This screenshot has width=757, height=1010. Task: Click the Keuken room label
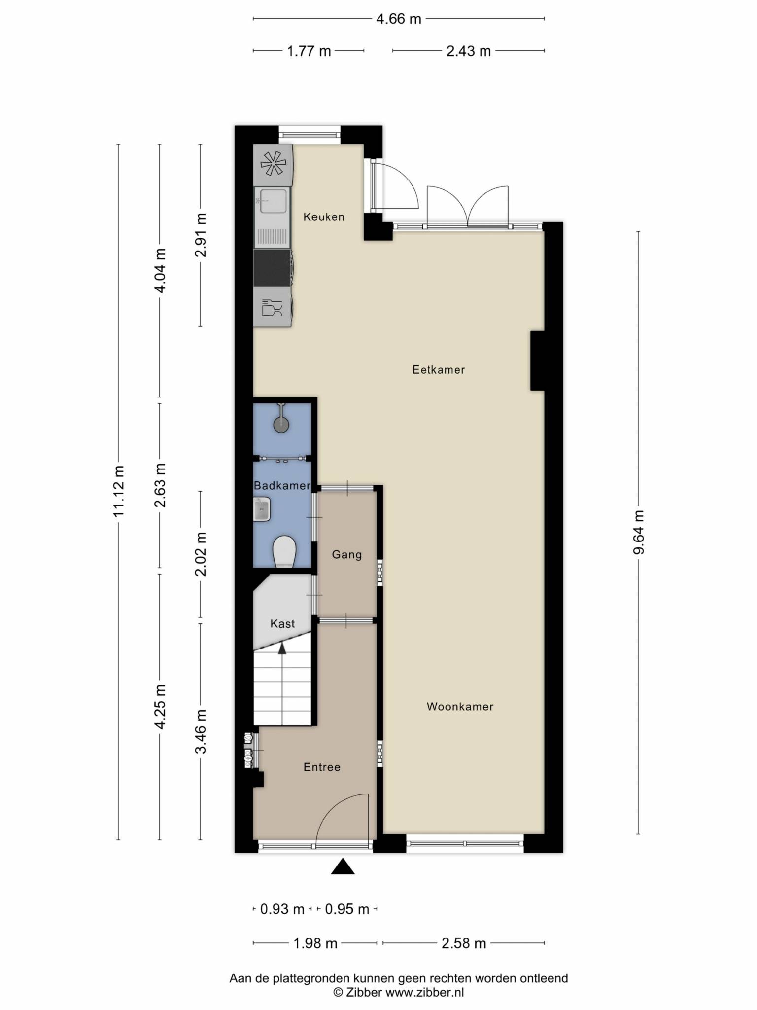pyautogui.click(x=324, y=217)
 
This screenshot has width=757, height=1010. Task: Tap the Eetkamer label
pyautogui.click(x=439, y=370)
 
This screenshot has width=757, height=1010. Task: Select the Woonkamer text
pyautogui.click(x=460, y=707)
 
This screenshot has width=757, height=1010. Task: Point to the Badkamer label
pyautogui.click(x=282, y=486)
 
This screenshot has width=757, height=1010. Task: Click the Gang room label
pyautogui.click(x=346, y=555)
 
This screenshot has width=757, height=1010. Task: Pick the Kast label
pyautogui.click(x=282, y=624)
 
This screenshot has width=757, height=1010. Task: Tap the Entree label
pyautogui.click(x=322, y=767)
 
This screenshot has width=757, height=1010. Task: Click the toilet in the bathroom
pyautogui.click(x=284, y=551)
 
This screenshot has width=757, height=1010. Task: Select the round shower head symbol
pyautogui.click(x=281, y=424)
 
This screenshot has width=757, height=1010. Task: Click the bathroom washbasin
pyautogui.click(x=262, y=509)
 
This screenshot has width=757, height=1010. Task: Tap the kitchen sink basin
pyautogui.click(x=274, y=201)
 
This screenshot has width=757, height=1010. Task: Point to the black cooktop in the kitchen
pyautogui.click(x=273, y=268)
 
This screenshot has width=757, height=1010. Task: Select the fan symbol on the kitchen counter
pyautogui.click(x=273, y=163)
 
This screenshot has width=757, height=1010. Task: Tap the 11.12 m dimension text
pyautogui.click(x=118, y=491)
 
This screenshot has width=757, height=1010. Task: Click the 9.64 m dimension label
pyautogui.click(x=639, y=532)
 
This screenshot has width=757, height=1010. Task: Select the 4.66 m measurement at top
pyautogui.click(x=399, y=19)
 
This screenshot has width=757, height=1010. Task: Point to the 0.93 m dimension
pyautogui.click(x=282, y=909)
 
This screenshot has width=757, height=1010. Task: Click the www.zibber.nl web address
pyautogui.click(x=424, y=992)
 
